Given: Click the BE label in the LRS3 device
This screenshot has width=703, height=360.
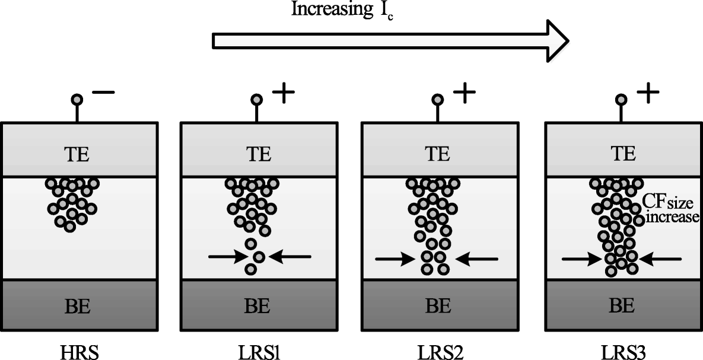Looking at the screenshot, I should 622,307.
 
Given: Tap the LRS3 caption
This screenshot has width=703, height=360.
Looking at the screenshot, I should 622,346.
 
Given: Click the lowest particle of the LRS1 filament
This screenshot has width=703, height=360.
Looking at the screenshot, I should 251,269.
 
